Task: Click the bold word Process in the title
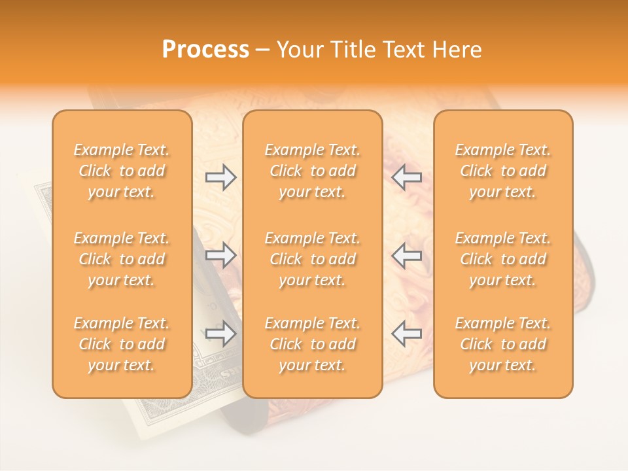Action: [x=205, y=50]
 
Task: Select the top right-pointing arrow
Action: [x=221, y=177]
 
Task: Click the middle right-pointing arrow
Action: [x=221, y=255]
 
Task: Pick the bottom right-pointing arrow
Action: [x=221, y=334]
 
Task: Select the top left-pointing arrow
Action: [x=407, y=177]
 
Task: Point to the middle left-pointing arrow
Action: [x=407, y=255]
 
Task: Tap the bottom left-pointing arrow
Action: [x=407, y=334]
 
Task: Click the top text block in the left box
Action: [x=122, y=171]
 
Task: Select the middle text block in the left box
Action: [x=122, y=259]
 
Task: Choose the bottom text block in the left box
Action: [x=122, y=344]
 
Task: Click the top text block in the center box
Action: [x=313, y=171]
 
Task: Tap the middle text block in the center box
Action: [x=313, y=259]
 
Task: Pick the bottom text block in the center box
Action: [x=313, y=344]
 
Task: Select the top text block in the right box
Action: [x=503, y=171]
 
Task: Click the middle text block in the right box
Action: [x=503, y=259]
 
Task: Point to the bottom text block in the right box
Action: [x=503, y=344]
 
